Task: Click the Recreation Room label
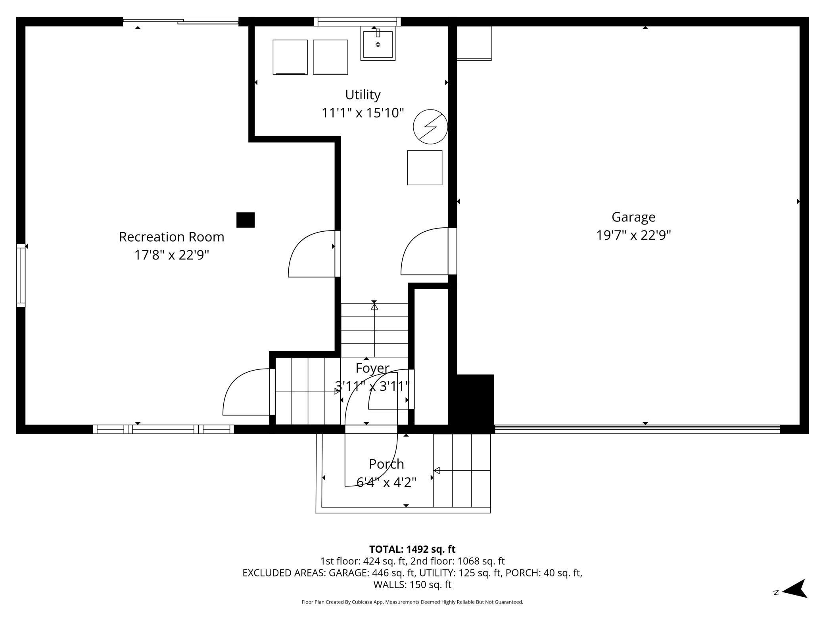[x=171, y=237]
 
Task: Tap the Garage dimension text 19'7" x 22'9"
[x=633, y=235]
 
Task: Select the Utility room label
[x=363, y=95]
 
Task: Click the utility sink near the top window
[x=378, y=43]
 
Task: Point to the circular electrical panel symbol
[x=430, y=127]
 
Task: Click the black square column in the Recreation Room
[x=246, y=220]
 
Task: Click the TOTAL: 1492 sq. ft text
[x=412, y=549]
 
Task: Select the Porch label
[x=386, y=464]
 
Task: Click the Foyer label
[x=372, y=368]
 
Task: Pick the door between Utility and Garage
[x=429, y=251]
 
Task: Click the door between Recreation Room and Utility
[x=315, y=254]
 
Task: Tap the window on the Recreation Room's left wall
[x=21, y=275]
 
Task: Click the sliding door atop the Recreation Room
[x=180, y=21]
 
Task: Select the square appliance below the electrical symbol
[x=425, y=167]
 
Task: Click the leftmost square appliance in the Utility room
[x=290, y=57]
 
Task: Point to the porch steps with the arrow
[x=462, y=471]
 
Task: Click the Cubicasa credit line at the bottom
[x=412, y=602]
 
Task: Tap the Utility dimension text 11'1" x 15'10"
[x=363, y=113]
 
